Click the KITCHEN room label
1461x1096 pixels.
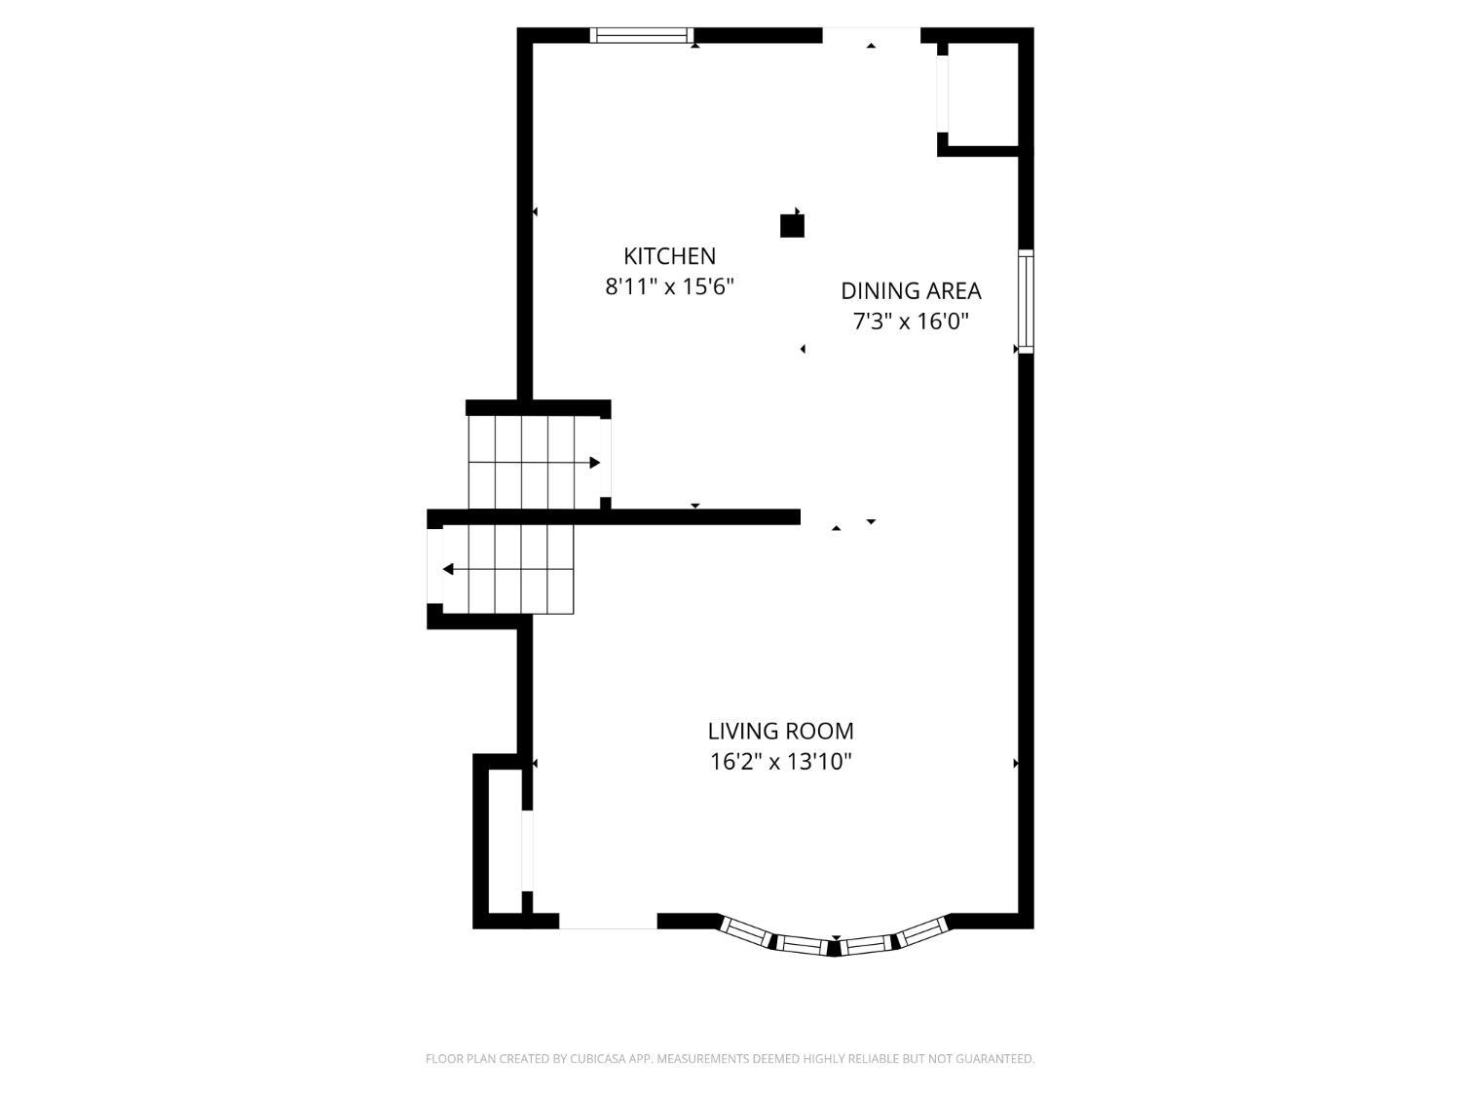pyautogui.click(x=669, y=256)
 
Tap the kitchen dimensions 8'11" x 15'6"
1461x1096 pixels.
pyautogui.click(x=669, y=286)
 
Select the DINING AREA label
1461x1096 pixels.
pyautogui.click(x=911, y=290)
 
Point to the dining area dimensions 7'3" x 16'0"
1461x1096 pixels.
pyautogui.click(x=911, y=321)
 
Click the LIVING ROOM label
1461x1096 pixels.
pyautogui.click(x=781, y=731)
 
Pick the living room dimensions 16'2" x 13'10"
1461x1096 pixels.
pyautogui.click(x=781, y=761)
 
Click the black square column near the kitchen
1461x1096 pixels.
pyautogui.click(x=792, y=226)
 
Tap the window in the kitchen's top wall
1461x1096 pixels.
pyautogui.click(x=642, y=35)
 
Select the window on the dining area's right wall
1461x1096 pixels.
pyautogui.click(x=1027, y=301)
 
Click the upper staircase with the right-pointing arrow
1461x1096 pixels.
pyautogui.click(x=535, y=463)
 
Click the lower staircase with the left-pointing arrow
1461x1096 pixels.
pyautogui.click(x=507, y=569)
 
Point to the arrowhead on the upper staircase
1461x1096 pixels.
pyautogui.click(x=595, y=463)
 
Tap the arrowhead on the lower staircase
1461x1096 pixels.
pyautogui.click(x=448, y=569)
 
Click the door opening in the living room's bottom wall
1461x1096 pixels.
pyautogui.click(x=608, y=921)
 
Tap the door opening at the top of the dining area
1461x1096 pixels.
pyautogui.click(x=872, y=35)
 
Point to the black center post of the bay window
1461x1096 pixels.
pyautogui.click(x=834, y=948)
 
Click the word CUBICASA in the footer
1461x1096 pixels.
pyautogui.click(x=596, y=1059)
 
